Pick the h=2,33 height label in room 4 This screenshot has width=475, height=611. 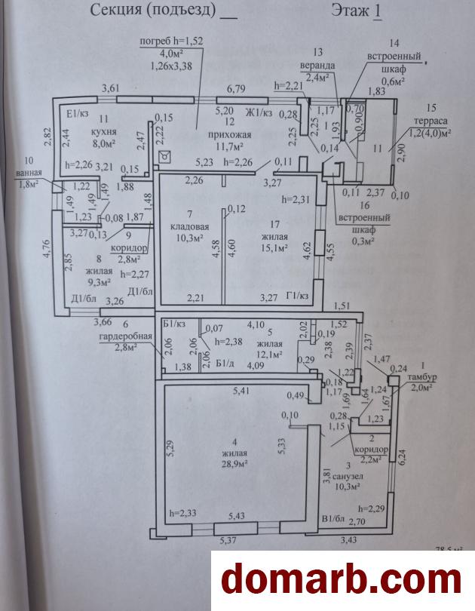click(184, 513)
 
